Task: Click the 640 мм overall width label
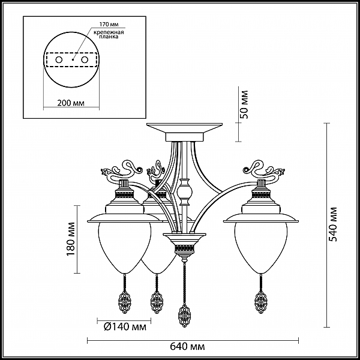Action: (187, 346)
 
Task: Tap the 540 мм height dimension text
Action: (332, 224)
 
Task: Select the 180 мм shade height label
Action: (71, 239)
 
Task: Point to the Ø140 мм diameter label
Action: (125, 326)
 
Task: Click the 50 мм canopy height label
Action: (244, 104)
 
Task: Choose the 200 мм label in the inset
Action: (71, 103)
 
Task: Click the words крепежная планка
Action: (109, 34)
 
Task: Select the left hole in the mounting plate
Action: (59, 59)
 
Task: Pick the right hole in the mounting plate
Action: (85, 59)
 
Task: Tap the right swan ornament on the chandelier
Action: (264, 170)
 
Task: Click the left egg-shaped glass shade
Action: (125, 247)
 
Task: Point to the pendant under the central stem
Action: (184, 315)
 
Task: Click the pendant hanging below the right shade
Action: (261, 302)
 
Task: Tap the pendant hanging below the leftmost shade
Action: (124, 302)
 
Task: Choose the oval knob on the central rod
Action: (184, 191)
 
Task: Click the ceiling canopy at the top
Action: (185, 132)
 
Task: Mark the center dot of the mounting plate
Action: (73, 59)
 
